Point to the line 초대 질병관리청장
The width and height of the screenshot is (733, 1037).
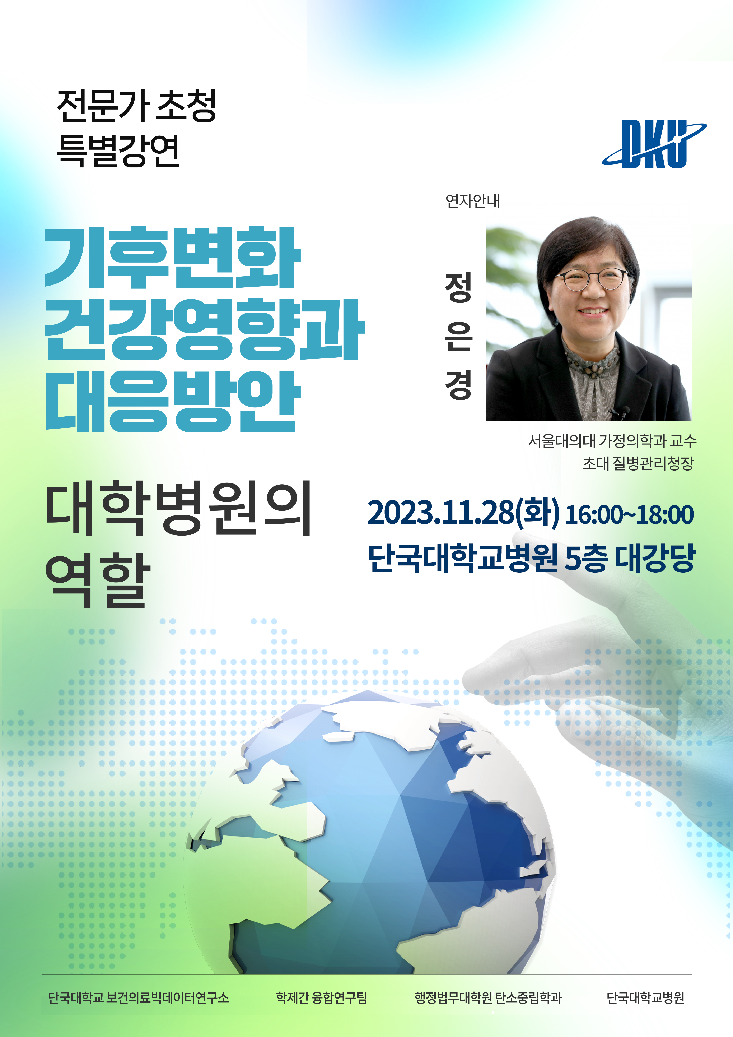(638, 463)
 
